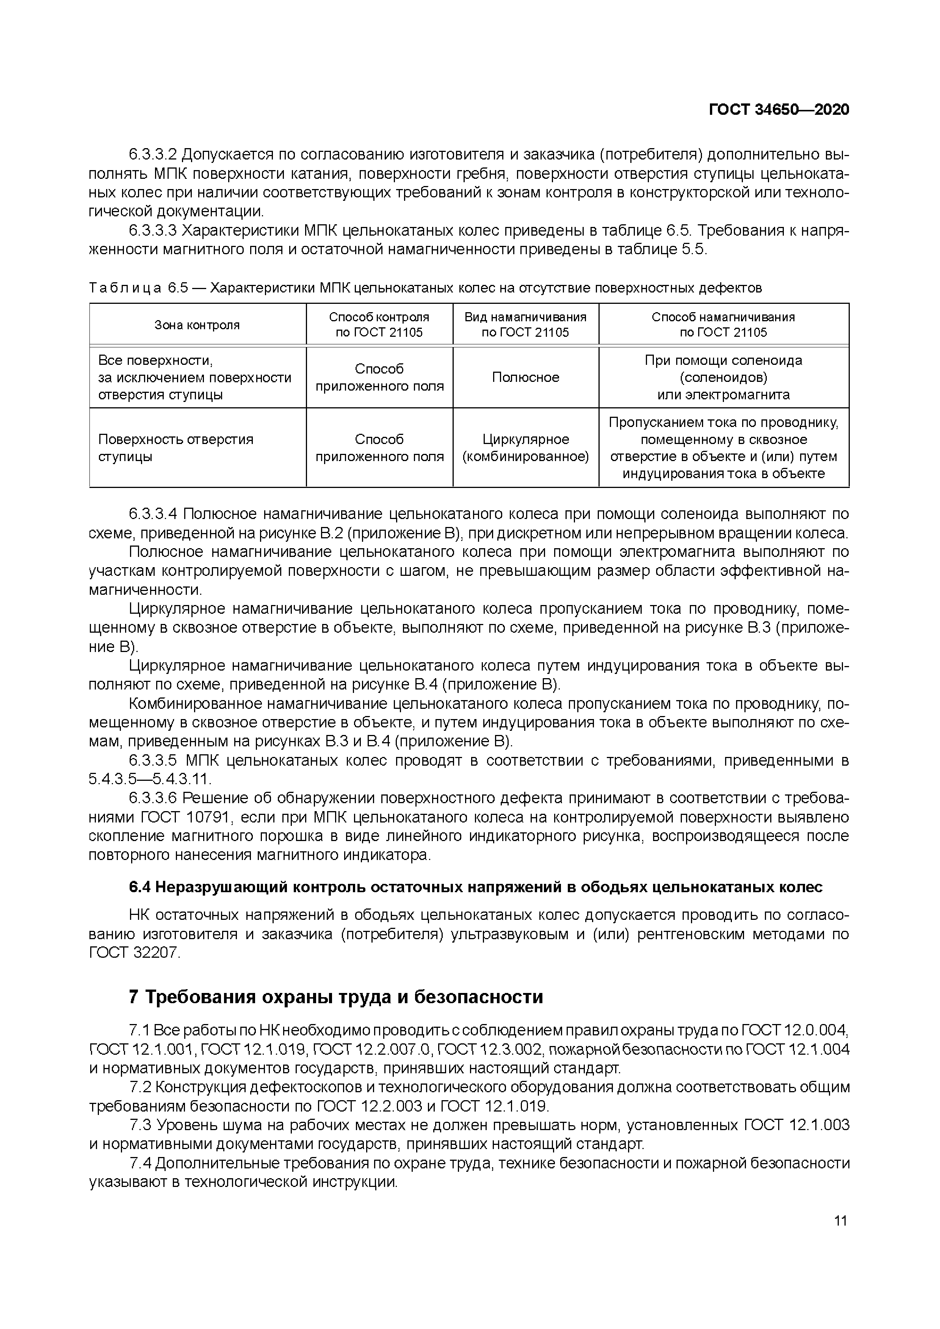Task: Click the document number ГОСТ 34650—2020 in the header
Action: pyautogui.click(x=779, y=110)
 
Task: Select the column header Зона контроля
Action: pyautogui.click(x=197, y=325)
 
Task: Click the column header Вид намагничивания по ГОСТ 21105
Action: pyautogui.click(x=525, y=325)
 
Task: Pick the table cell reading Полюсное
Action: pyautogui.click(x=525, y=377)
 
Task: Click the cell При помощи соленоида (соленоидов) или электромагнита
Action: pyautogui.click(x=724, y=377)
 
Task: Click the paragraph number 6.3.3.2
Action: pyautogui.click(x=152, y=155)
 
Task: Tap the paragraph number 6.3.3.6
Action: pyautogui.click(x=152, y=799)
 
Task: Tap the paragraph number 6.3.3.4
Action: pyautogui.click(x=152, y=514)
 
